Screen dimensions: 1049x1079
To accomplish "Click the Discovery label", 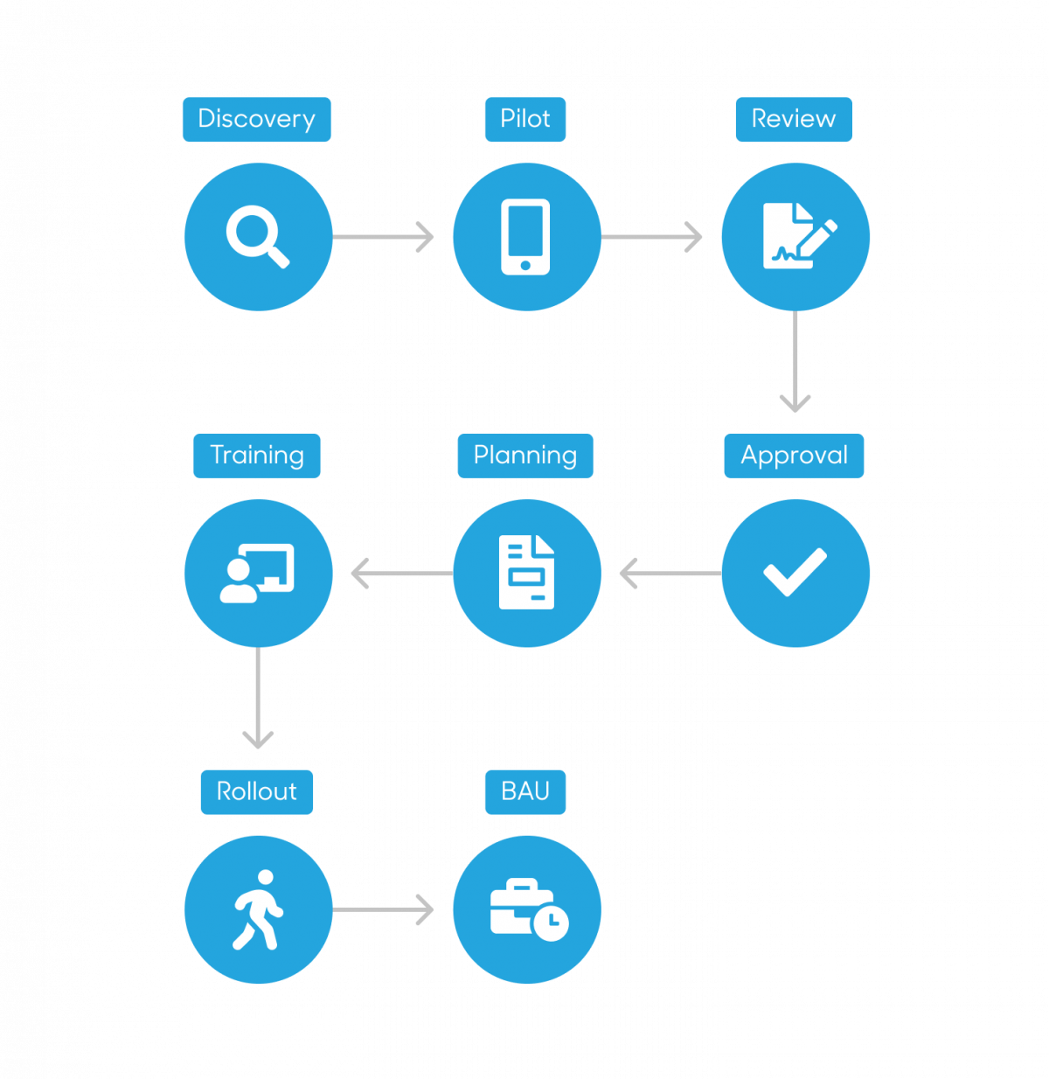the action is tap(257, 119).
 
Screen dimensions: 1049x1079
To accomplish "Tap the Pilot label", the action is tap(525, 119).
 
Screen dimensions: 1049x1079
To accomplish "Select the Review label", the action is tap(794, 119).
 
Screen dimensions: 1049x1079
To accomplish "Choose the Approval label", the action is tap(794, 456).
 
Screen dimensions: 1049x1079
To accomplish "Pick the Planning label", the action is tap(525, 456).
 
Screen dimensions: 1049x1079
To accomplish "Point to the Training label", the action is tap(257, 456).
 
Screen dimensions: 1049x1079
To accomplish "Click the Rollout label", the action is tap(257, 791).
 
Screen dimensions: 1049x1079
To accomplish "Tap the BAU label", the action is tap(525, 791).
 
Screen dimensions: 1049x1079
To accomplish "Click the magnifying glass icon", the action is tap(258, 237).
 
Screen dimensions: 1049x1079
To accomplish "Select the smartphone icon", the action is tap(525, 237).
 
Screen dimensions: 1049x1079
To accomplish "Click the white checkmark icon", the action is tap(795, 572).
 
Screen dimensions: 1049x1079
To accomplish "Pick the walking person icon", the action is tap(258, 908).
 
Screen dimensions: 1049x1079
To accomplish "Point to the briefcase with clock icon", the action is tap(530, 909).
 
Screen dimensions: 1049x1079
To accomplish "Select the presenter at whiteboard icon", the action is tap(257, 573).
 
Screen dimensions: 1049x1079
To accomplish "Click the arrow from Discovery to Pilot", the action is tap(383, 237).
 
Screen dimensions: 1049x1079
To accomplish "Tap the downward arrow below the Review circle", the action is tap(795, 361).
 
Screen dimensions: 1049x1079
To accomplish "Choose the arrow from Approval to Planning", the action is tap(670, 573).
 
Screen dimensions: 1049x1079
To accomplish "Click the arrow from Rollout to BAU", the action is tap(383, 909).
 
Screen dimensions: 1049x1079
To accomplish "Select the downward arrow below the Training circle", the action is tap(258, 698).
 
